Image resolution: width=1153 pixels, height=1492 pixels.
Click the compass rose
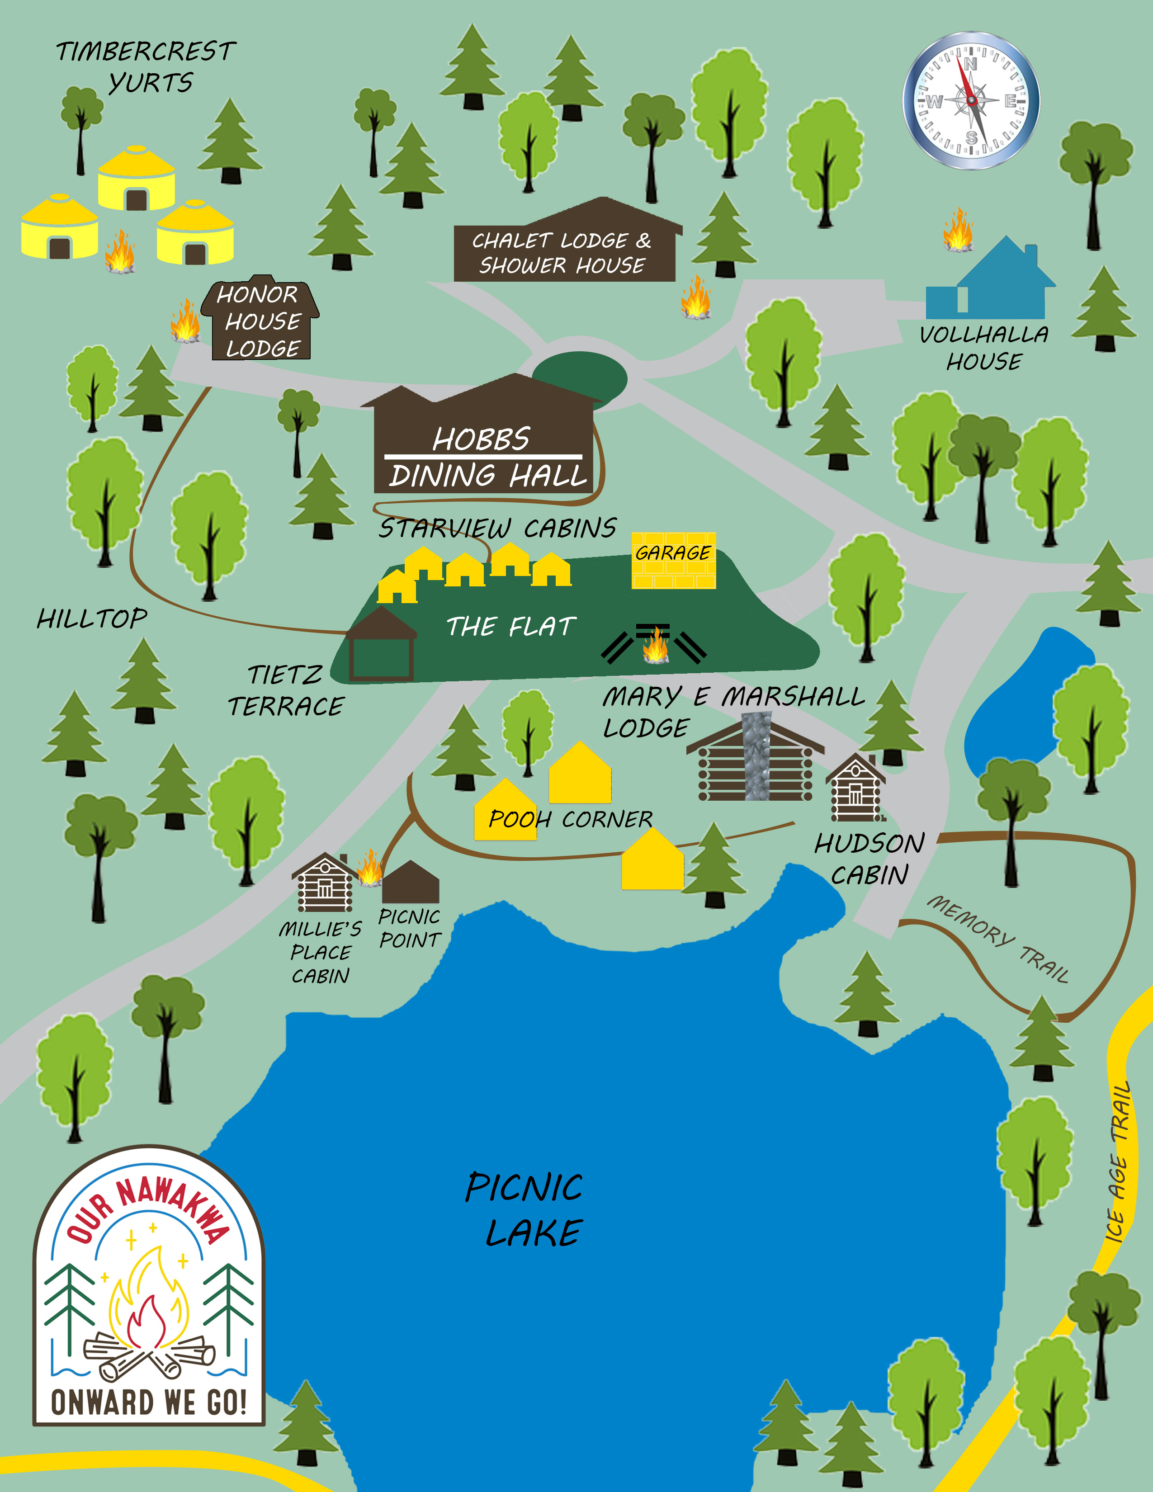pyautogui.click(x=971, y=100)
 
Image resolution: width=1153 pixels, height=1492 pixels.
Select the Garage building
pyautogui.click(x=674, y=560)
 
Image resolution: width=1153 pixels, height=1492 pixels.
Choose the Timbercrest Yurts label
pyautogui.click(x=146, y=66)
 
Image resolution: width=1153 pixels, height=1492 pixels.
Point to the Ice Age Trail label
pyautogui.click(x=1118, y=1161)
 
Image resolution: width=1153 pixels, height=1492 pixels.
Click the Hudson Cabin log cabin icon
pyautogui.click(x=855, y=788)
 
